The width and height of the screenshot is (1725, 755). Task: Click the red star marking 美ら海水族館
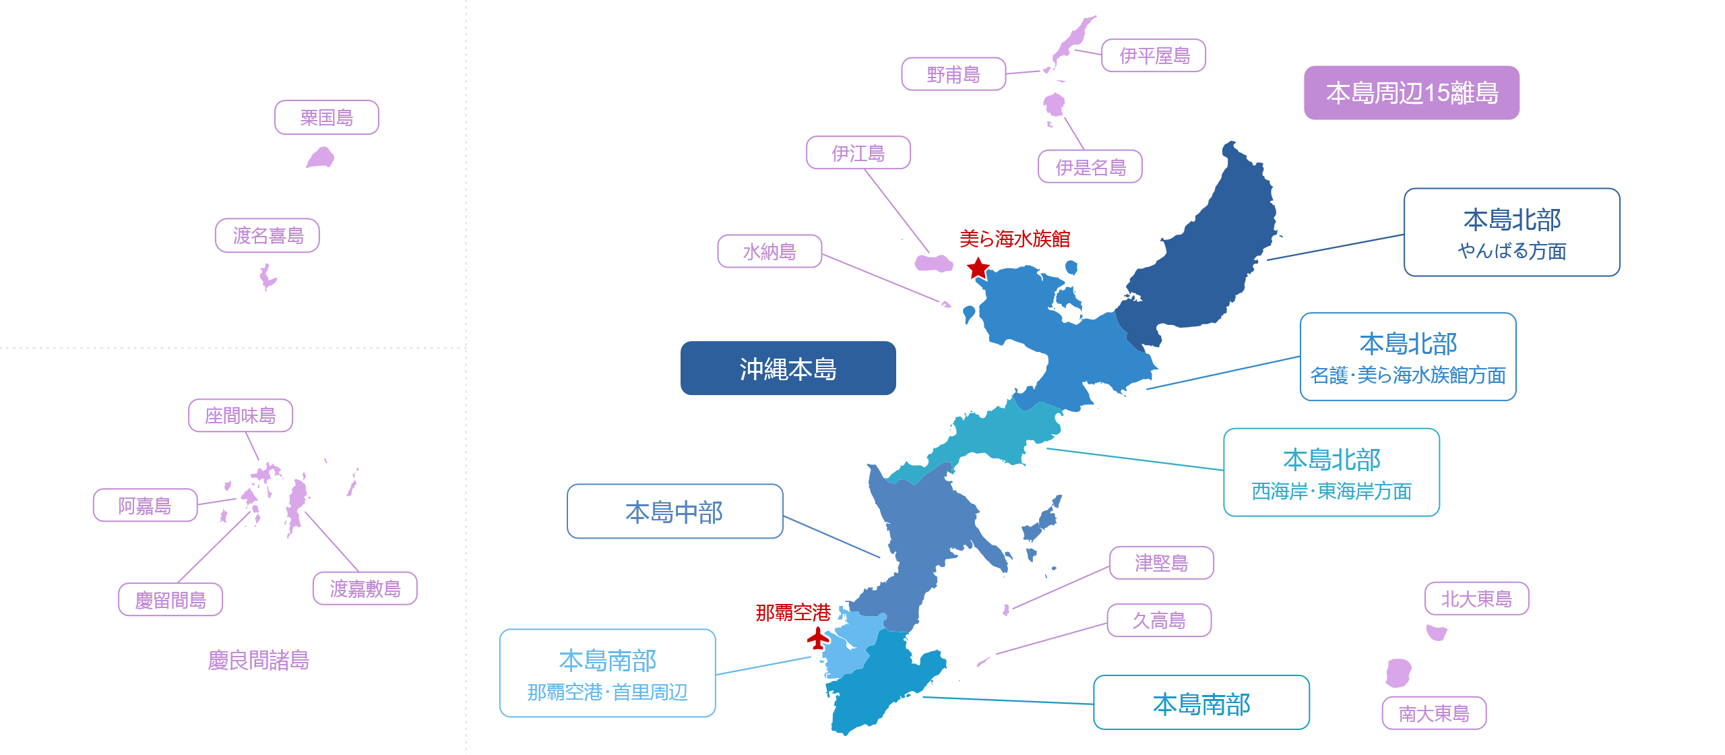coord(978,268)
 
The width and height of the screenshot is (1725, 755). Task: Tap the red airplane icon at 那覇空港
coord(818,638)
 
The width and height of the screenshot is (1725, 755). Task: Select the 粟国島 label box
coord(327,117)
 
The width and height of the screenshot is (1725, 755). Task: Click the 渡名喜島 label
coord(268,235)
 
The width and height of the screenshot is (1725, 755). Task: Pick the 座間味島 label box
coord(241,415)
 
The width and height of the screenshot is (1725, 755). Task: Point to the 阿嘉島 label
coord(146,505)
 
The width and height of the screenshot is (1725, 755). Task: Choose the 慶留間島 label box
coord(170,599)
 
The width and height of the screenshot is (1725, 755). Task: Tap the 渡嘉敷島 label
coord(365,588)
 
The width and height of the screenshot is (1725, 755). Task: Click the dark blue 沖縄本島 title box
coord(788,368)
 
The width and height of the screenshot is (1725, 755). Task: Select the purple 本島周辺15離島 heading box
coord(1412,92)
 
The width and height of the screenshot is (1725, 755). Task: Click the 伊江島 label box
coord(858,152)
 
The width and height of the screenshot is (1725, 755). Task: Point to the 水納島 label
coord(770,251)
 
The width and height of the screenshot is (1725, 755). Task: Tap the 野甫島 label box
coord(953,74)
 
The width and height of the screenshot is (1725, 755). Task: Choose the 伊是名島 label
coord(1090,167)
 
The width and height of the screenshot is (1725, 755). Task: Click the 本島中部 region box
coord(675,511)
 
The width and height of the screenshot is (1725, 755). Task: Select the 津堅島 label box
coord(1162,562)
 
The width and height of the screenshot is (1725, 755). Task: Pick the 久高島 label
coord(1160,620)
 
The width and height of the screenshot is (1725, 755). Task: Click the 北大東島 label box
coord(1477,598)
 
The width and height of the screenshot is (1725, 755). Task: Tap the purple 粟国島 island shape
coord(321,158)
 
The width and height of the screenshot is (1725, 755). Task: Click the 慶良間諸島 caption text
coord(259,660)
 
